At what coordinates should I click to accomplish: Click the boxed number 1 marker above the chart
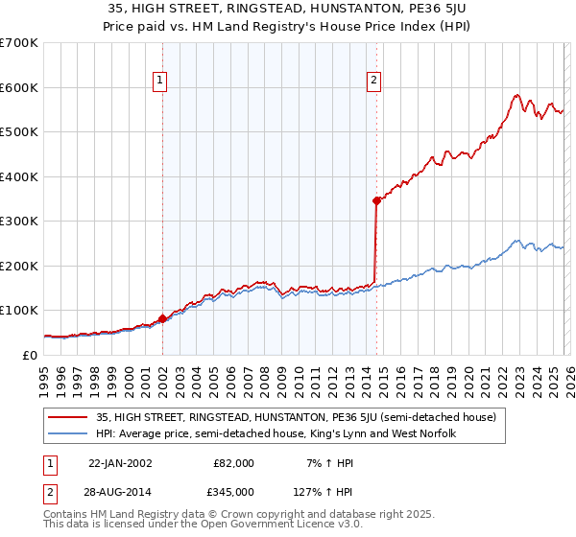tap(161, 82)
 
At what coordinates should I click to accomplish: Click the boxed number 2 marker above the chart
tap(373, 82)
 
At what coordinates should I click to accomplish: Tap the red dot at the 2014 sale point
tap(376, 200)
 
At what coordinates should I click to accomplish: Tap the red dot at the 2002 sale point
tap(162, 318)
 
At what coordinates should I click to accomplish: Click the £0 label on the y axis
tap(30, 355)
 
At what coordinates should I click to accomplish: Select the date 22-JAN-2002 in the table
tap(120, 463)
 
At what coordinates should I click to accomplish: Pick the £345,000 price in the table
tap(233, 491)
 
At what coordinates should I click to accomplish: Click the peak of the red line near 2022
tap(516, 94)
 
